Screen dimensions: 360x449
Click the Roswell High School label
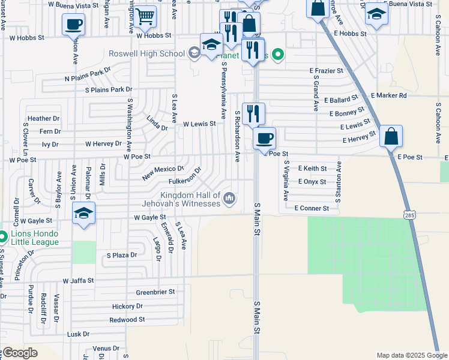click(147, 54)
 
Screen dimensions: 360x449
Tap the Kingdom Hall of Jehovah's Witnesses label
click(190, 200)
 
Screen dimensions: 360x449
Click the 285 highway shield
click(409, 214)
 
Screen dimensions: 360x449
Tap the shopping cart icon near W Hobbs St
click(145, 17)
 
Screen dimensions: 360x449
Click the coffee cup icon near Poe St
click(264, 139)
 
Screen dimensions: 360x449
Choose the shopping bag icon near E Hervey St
click(391, 136)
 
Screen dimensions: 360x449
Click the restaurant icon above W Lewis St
click(253, 112)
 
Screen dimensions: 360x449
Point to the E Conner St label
click(312, 208)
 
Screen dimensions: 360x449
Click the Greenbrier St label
click(155, 292)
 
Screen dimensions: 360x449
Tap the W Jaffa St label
click(79, 280)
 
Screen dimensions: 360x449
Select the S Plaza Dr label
click(122, 255)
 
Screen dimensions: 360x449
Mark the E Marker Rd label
click(389, 95)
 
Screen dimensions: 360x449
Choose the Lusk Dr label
click(78, 334)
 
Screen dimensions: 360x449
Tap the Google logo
click(20, 353)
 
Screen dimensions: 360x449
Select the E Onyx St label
click(312, 182)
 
